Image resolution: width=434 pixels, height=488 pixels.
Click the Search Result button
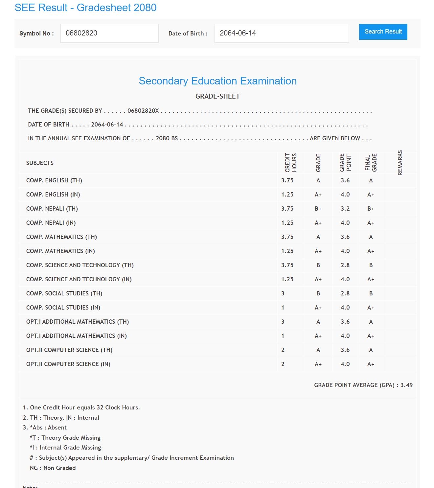click(x=383, y=32)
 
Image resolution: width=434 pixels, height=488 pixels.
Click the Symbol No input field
click(x=109, y=33)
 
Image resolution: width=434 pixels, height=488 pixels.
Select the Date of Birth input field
click(x=281, y=33)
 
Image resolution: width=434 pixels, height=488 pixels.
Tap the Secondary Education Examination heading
click(x=217, y=81)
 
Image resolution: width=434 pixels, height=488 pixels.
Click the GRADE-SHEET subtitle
click(x=217, y=96)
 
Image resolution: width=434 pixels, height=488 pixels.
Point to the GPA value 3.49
click(x=406, y=385)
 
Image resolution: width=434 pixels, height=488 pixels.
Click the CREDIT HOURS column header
click(x=291, y=163)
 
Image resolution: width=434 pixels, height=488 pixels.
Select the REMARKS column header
click(x=400, y=163)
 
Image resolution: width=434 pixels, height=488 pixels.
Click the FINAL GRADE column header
click(x=371, y=163)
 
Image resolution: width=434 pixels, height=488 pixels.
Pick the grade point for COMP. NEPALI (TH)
click(x=345, y=209)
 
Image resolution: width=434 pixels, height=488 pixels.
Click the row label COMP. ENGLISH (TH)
click(x=54, y=180)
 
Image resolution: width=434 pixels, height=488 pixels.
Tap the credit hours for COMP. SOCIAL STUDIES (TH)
click(x=283, y=293)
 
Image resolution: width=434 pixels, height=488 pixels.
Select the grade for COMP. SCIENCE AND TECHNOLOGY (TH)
click(x=318, y=265)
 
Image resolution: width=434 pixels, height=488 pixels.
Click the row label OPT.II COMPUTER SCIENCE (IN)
click(x=68, y=364)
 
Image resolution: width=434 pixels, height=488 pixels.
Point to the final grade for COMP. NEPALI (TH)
click(x=371, y=209)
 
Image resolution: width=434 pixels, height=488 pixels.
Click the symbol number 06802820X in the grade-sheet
click(x=143, y=111)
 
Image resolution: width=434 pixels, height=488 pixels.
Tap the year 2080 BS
click(x=167, y=138)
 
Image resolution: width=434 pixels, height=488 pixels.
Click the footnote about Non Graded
click(x=53, y=468)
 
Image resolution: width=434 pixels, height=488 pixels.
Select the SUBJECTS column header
click(x=40, y=163)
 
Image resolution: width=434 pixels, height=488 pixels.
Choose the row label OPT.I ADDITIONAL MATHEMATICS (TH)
click(x=78, y=322)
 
